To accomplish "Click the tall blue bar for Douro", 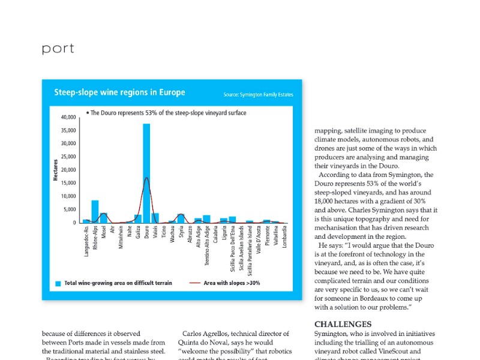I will click(146, 174).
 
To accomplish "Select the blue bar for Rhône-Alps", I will click(95, 212).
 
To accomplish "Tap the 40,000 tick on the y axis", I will click(68, 117).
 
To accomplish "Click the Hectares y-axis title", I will click(56, 170).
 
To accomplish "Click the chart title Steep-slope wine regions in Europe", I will click(119, 92).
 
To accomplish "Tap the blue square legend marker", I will click(58, 283).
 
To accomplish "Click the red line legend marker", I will click(195, 283).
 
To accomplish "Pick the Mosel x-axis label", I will click(104, 236).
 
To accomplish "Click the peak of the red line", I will click(146, 178).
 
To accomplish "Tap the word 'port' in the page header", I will click(58, 49).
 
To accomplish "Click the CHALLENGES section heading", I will click(343, 324).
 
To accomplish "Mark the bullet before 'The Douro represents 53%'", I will click(88, 112).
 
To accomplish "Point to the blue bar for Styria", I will click(181, 218).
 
